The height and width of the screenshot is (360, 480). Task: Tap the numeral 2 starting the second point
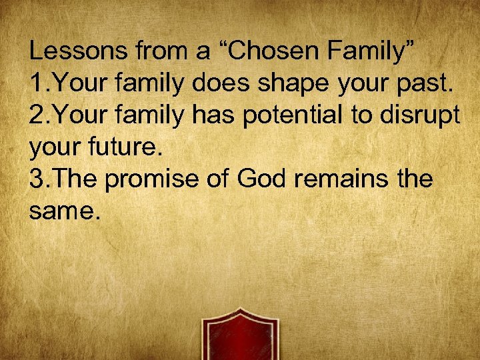coord(37,115)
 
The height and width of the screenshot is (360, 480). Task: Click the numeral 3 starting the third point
coord(37,179)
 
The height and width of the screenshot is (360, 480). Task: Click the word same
coord(64,213)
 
